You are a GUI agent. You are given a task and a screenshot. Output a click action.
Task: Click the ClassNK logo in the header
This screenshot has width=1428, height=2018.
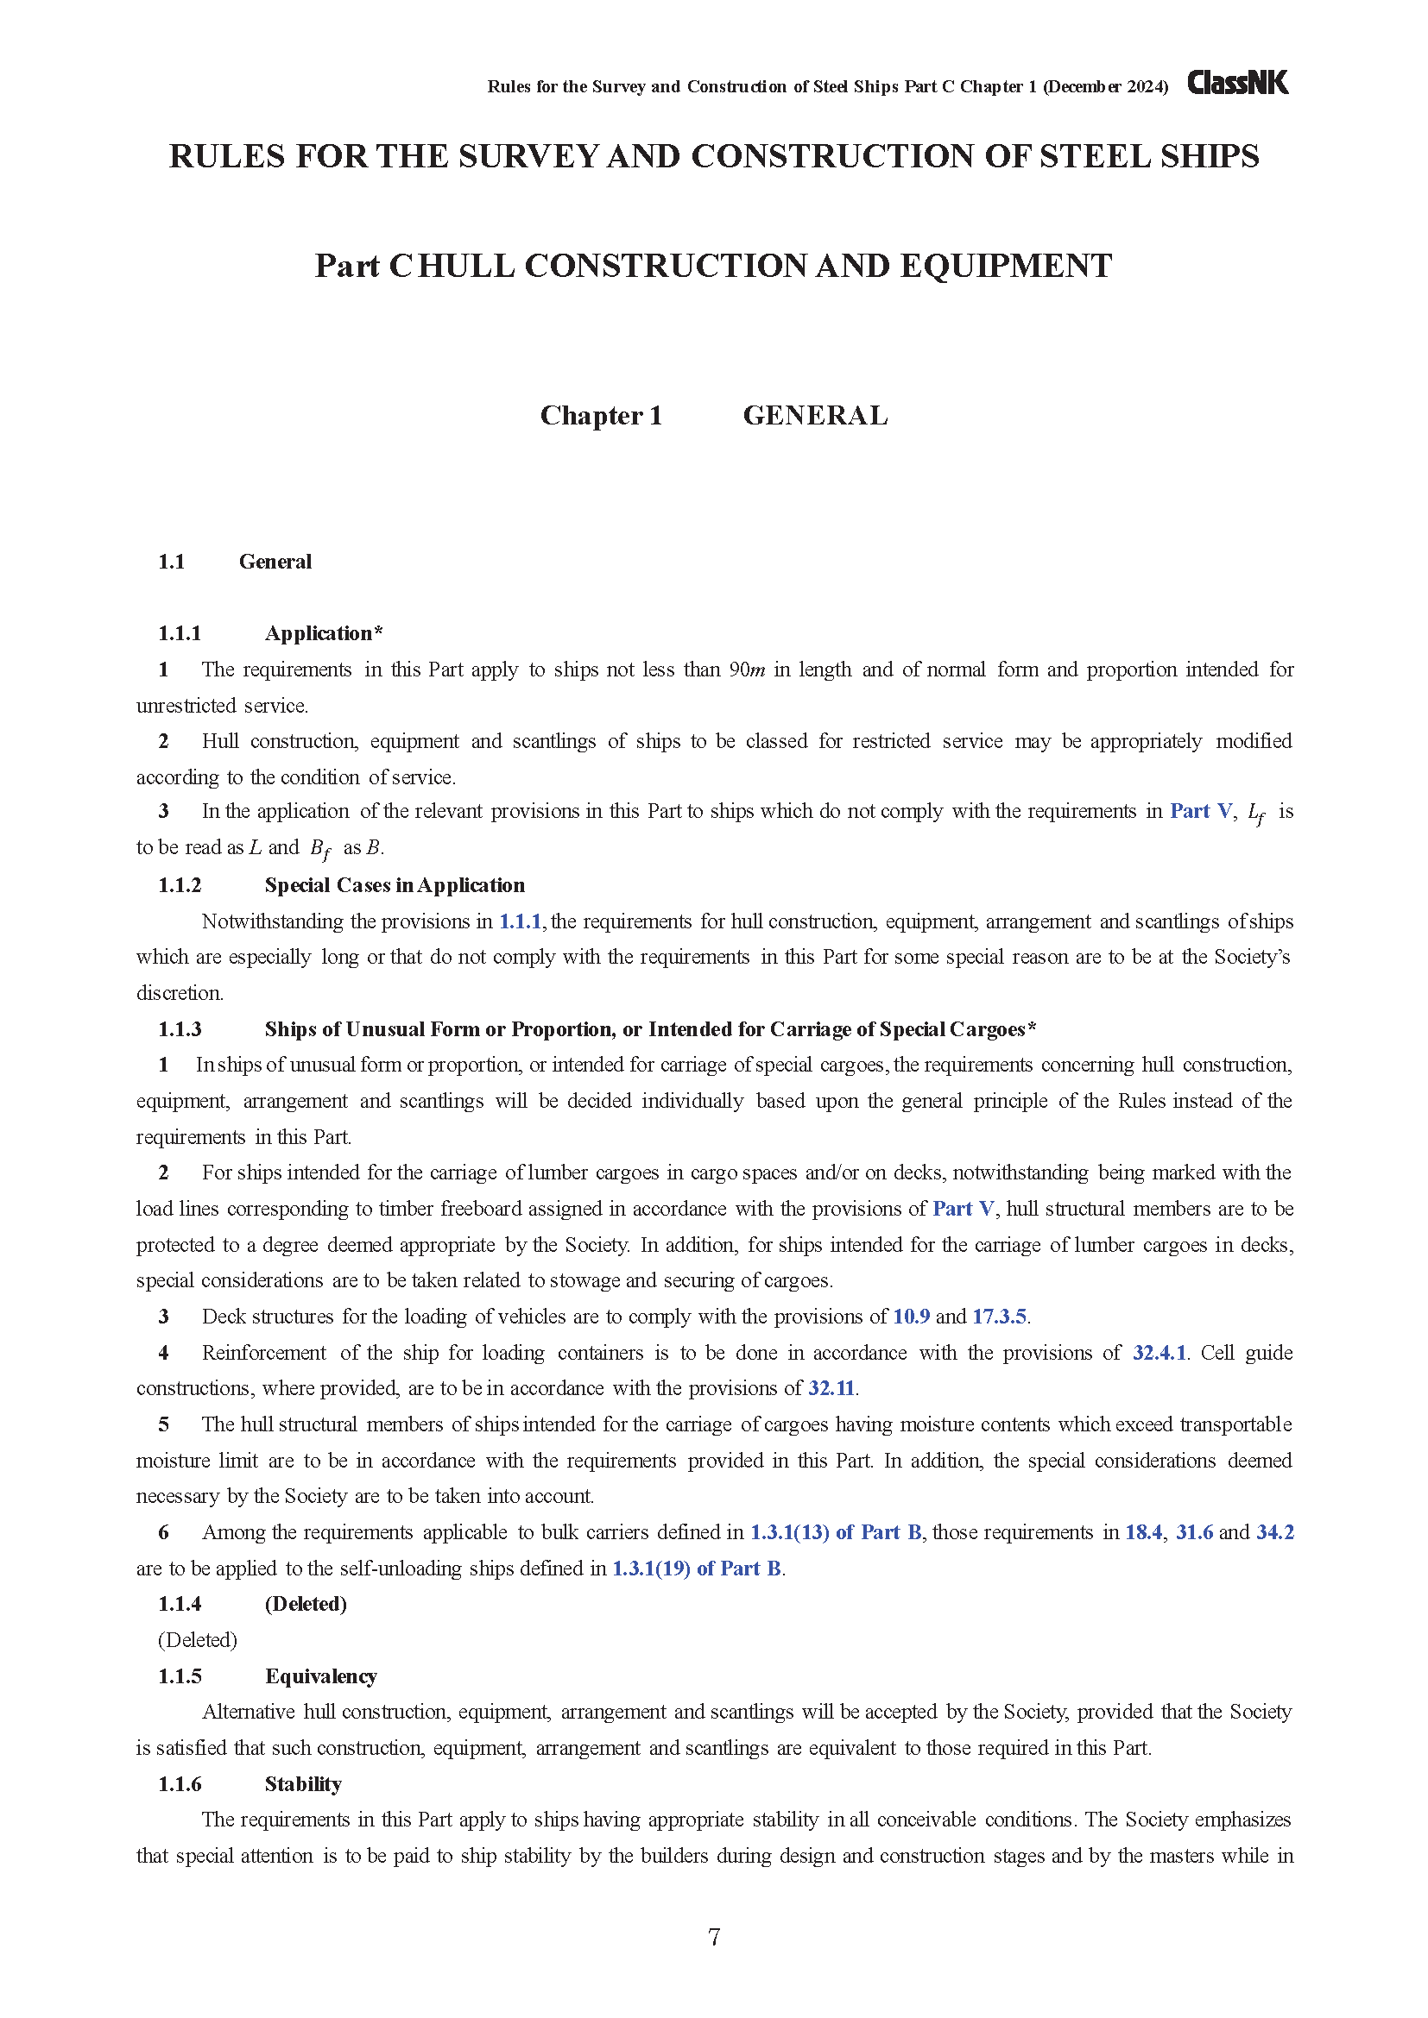coord(1237,84)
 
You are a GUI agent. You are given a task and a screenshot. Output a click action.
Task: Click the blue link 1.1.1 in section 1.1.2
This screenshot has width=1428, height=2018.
coord(520,921)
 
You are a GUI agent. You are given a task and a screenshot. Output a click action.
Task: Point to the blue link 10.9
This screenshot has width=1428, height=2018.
coord(911,1317)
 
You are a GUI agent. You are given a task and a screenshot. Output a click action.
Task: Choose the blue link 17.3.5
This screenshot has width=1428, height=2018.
coord(999,1317)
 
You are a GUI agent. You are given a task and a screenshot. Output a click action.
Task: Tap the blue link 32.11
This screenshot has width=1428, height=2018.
coord(831,1389)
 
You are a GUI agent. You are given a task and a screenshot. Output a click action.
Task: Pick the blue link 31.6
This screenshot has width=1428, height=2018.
coord(1194,1533)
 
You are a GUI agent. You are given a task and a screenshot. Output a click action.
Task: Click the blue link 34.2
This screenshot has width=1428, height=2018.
coord(1275,1533)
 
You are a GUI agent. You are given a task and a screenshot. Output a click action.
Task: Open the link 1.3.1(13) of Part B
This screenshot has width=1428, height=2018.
coord(836,1533)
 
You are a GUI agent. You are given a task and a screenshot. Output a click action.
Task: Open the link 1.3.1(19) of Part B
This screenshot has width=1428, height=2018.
coord(697,1569)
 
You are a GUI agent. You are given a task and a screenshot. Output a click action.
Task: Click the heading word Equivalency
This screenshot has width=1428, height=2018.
coord(321,1676)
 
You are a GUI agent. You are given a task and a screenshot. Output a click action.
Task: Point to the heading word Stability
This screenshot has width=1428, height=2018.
coord(302,1784)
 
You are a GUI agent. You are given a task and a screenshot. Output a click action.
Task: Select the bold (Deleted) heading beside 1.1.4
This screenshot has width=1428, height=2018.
coord(305,1604)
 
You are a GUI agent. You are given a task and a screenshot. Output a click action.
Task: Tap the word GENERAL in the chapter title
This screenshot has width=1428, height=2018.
coord(815,415)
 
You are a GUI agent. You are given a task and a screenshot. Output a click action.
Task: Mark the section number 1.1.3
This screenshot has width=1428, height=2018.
coord(180,1029)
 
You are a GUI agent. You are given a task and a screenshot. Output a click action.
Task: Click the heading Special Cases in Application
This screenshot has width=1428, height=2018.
coord(394,885)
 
